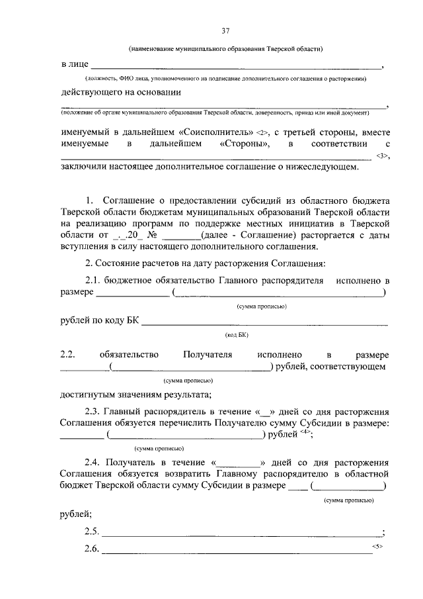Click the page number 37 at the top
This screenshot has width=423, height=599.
pos(225,31)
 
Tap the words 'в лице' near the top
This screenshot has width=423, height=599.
pos(73,65)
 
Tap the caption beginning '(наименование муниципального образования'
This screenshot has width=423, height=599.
pos(225,49)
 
